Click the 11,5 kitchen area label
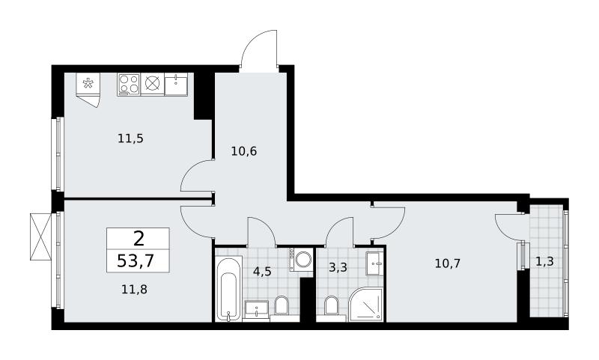pyautogui.click(x=130, y=138)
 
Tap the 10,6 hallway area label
pyautogui.click(x=244, y=151)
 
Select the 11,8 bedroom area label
pyautogui.click(x=135, y=290)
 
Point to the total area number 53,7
pyautogui.click(x=136, y=261)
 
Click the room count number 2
pyautogui.click(x=139, y=239)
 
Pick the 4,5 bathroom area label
pyautogui.click(x=263, y=272)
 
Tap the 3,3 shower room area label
pyautogui.click(x=338, y=267)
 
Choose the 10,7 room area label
pyautogui.click(x=448, y=263)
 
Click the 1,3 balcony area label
pyautogui.click(x=544, y=261)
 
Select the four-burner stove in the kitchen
pyautogui.click(x=129, y=85)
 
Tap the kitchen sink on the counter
pyautogui.click(x=176, y=85)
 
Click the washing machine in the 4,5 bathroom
pyautogui.click(x=301, y=260)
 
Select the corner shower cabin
pyautogui.click(x=366, y=305)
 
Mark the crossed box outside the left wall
pyautogui.click(x=40, y=237)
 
